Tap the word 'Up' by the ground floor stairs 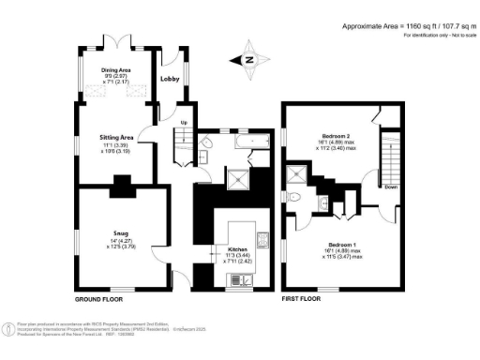(x=184, y=124)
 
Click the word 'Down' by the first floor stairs (x=391, y=186)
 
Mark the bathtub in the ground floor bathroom (x=246, y=142)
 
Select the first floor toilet (x=295, y=197)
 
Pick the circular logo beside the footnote (x=8, y=329)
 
